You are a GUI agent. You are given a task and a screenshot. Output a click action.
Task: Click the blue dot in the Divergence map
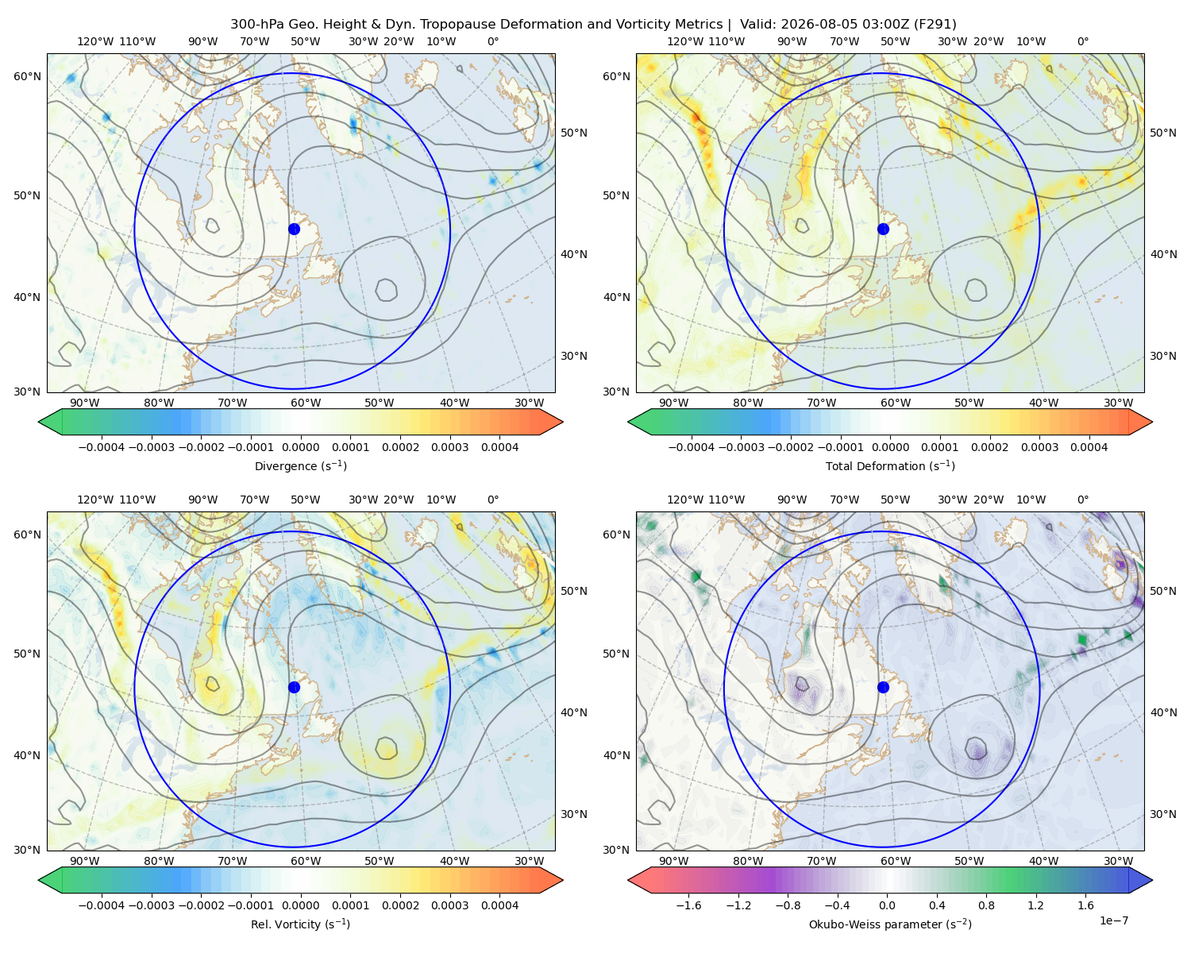coord(294,229)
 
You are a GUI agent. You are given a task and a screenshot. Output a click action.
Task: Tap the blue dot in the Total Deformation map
coord(883,229)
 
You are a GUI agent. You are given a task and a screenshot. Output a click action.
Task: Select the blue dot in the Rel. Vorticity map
coord(294,687)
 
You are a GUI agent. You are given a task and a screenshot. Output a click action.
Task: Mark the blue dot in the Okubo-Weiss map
coord(883,687)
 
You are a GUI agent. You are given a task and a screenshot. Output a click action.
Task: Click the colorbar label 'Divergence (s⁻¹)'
coord(300,465)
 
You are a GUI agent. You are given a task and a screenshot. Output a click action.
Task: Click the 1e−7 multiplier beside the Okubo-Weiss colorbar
coord(1113,920)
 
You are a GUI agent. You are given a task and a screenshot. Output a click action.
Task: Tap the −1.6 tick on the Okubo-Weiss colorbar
coord(688,905)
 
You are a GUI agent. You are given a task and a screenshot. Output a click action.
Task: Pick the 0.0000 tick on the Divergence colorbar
coord(300,447)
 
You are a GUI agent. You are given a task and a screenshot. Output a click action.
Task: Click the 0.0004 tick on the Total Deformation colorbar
coord(1089,447)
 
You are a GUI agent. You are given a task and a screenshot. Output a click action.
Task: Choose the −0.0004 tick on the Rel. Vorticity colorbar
coord(102,905)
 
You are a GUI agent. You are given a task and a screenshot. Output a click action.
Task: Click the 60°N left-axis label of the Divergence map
coord(27,76)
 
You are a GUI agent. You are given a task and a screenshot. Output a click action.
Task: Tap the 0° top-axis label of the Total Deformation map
coord(1082,41)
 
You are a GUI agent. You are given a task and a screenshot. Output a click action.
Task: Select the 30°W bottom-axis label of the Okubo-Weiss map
coord(1118,861)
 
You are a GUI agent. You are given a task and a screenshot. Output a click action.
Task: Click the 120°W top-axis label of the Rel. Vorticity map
coord(95,500)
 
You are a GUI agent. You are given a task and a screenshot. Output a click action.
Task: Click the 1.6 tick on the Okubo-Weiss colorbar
coord(1085,905)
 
